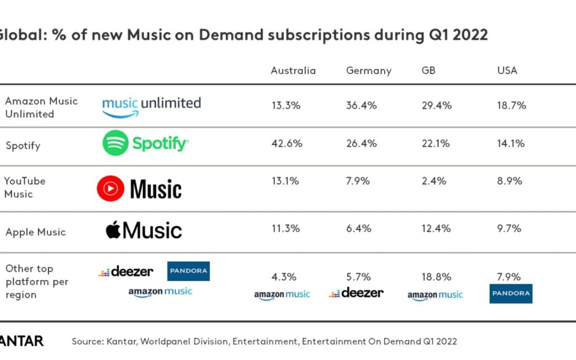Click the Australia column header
coord(293,70)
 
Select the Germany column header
coord(369,70)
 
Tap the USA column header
coord(507,70)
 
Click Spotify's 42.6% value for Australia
coord(286,143)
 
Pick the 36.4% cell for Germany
coord(362,106)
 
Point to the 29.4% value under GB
coord(437,106)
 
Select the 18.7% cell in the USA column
coord(511,106)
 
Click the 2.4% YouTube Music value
coord(434,181)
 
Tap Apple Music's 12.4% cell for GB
coord(437,228)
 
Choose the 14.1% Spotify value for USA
coord(511,143)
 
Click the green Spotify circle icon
coord(115,143)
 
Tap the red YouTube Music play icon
coord(110,189)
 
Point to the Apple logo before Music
coord(113,230)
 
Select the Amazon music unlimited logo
coord(151,106)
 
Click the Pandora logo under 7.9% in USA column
coord(510,293)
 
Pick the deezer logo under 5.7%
coord(356,293)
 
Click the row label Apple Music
coord(35,232)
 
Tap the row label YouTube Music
coord(25,187)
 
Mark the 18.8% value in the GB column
coord(436,277)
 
